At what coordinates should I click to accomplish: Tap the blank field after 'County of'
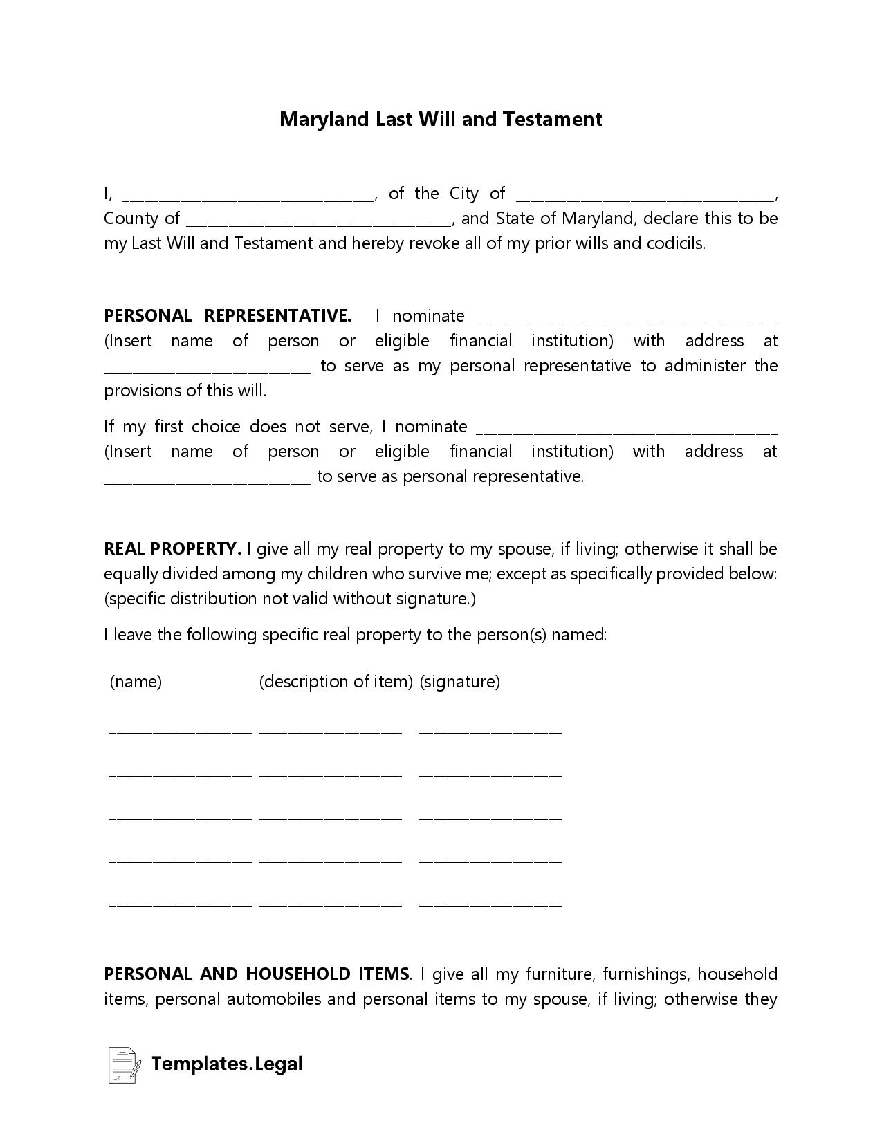[x=319, y=221]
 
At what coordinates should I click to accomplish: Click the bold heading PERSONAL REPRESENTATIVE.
[x=228, y=316]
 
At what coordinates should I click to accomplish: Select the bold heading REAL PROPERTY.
[x=172, y=549]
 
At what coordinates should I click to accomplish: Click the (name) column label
[x=136, y=682]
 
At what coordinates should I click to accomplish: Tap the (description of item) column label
[x=336, y=682]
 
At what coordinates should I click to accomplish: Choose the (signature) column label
[x=460, y=682]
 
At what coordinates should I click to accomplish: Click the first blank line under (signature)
[x=490, y=729]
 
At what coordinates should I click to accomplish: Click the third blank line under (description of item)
[x=330, y=817]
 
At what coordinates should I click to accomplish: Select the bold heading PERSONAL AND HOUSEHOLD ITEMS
[x=257, y=974]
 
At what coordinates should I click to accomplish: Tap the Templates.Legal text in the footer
[x=227, y=1064]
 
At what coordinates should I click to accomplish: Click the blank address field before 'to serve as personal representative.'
[x=208, y=479]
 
